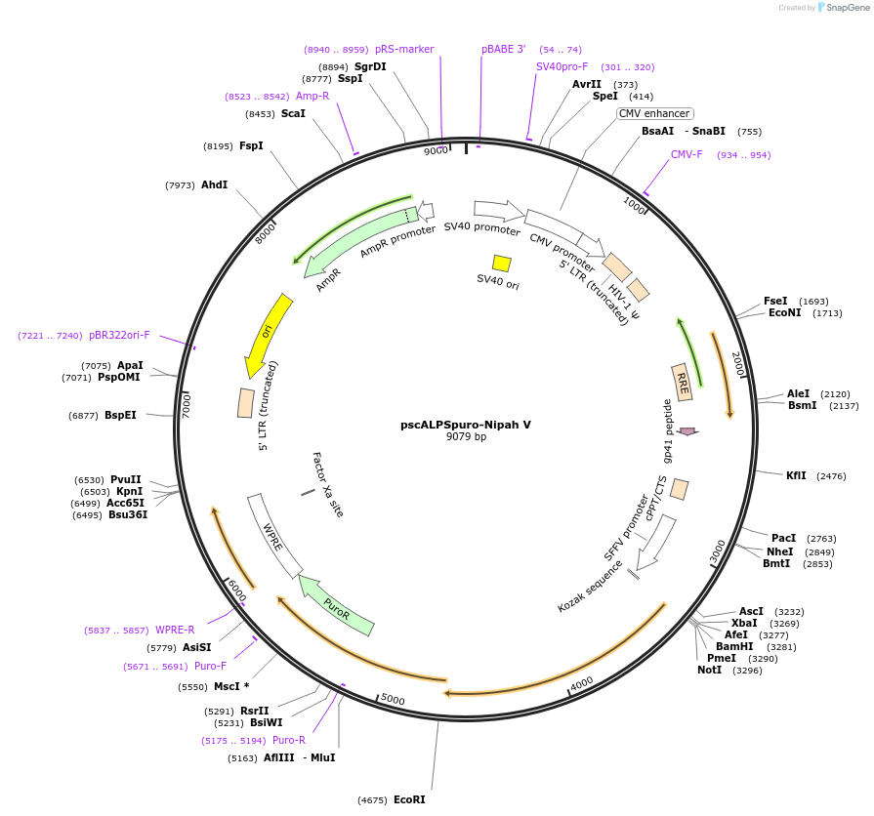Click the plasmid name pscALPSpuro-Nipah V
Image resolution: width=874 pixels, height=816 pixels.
(466, 425)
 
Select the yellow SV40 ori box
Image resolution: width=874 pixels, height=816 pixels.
(502, 264)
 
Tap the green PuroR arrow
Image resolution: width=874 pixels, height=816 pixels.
(337, 604)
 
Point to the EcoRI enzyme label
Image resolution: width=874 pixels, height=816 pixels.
(409, 799)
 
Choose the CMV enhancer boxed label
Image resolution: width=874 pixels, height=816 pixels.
(655, 114)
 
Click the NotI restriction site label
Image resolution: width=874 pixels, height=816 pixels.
(709, 670)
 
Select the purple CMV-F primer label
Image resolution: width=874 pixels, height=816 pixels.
(687, 155)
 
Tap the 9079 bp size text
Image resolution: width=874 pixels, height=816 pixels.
(466, 437)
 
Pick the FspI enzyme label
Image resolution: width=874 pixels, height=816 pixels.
(251, 145)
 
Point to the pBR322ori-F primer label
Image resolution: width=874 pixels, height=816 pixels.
(119, 335)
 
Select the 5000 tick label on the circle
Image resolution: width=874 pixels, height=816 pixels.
(393, 700)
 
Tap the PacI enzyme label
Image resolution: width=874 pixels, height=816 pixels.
(783, 538)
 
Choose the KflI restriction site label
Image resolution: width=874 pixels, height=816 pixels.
(796, 475)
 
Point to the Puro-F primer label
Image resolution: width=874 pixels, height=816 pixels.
(210, 666)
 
